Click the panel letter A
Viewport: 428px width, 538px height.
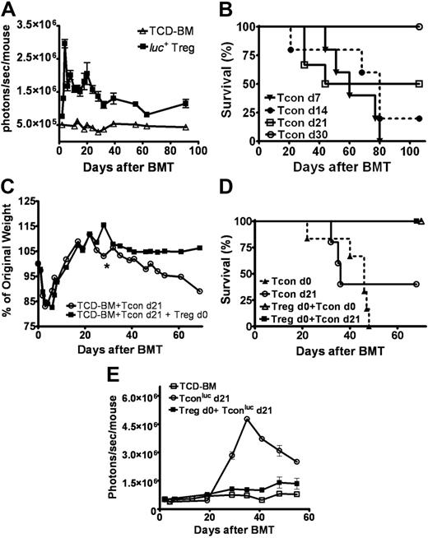point(10,10)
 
